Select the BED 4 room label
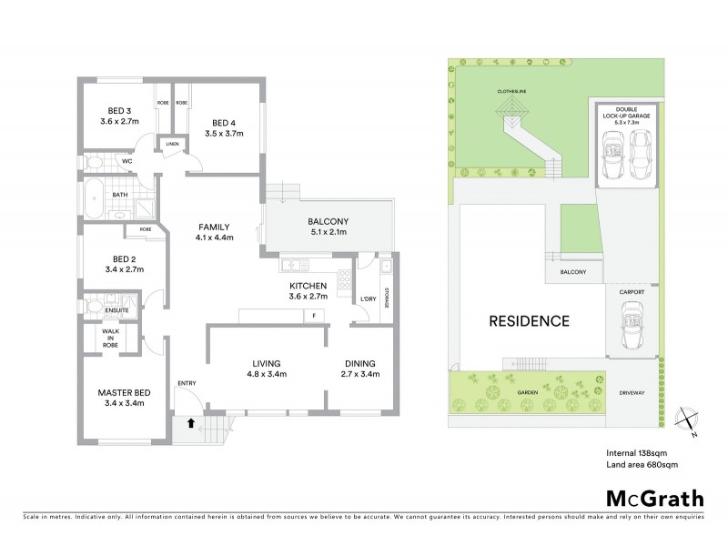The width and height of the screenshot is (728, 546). point(223,124)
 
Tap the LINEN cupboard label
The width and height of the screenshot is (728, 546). point(170,145)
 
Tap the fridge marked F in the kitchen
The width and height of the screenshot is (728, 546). point(314,315)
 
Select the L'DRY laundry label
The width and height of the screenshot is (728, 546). point(369,299)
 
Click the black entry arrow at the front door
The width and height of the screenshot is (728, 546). point(189,421)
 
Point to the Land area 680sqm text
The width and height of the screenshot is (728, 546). point(642,464)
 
